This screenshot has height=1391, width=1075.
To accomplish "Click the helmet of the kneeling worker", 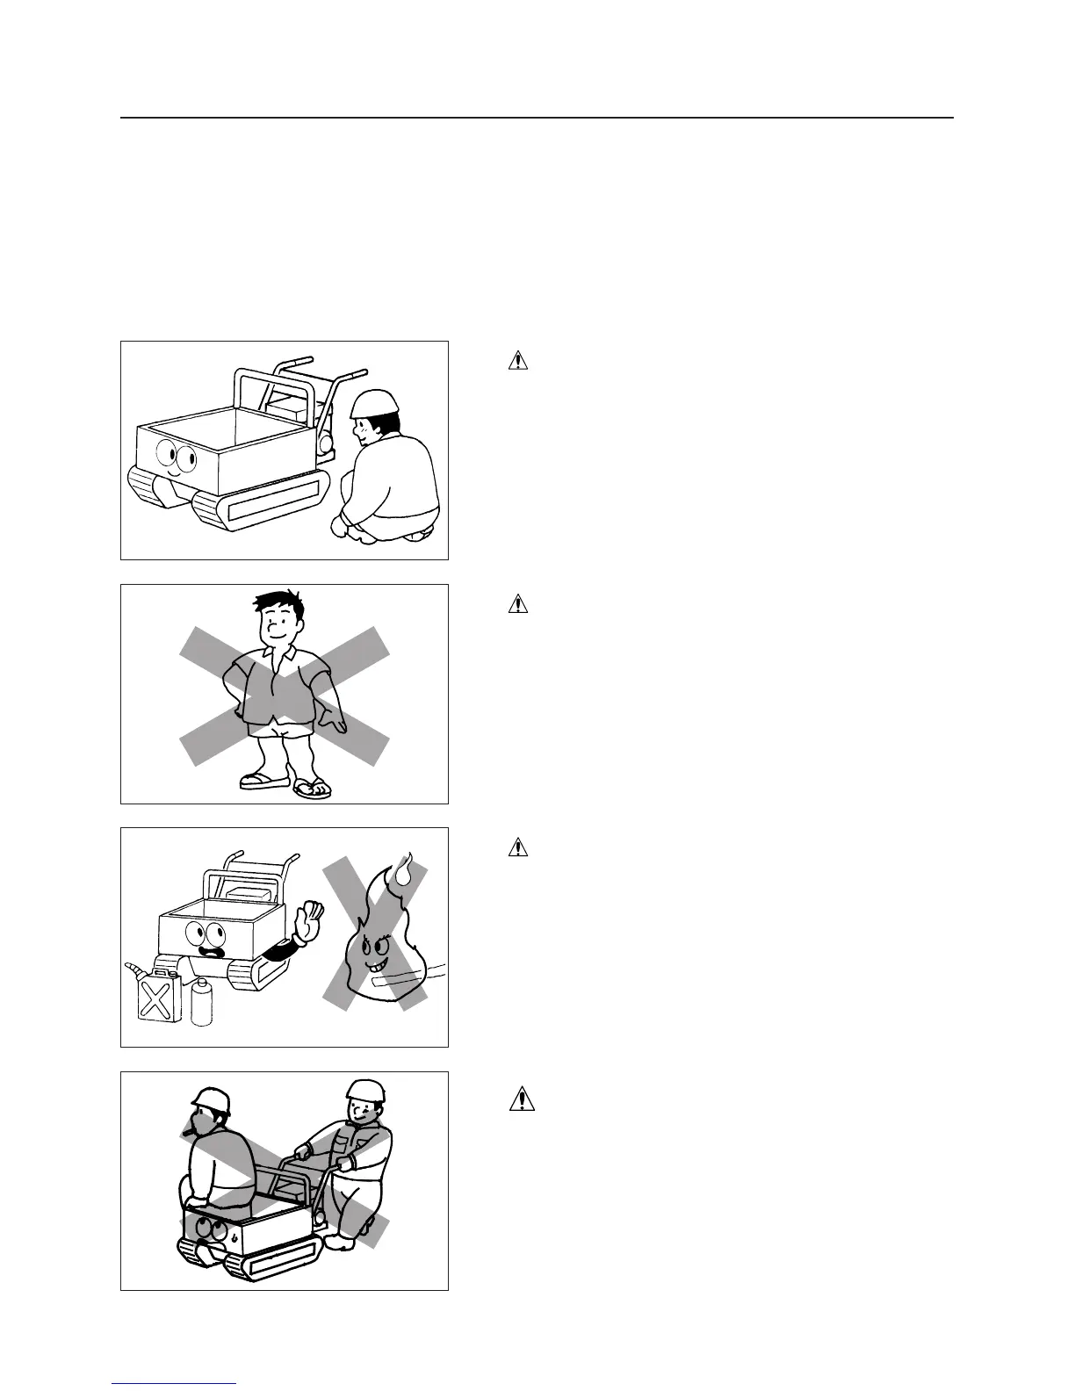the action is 375,403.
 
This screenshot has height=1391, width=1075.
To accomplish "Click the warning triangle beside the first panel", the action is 519,360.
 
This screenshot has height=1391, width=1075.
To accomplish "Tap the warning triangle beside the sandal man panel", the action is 519,604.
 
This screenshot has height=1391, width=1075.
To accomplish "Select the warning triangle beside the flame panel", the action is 519,847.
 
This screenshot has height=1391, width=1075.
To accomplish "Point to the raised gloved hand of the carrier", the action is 309,921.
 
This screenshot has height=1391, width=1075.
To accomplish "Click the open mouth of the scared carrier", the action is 211,949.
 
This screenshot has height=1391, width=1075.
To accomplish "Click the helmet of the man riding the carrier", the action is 211,1100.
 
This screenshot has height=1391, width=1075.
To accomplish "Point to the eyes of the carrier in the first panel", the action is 176,456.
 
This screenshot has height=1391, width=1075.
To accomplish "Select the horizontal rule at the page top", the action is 537,118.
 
